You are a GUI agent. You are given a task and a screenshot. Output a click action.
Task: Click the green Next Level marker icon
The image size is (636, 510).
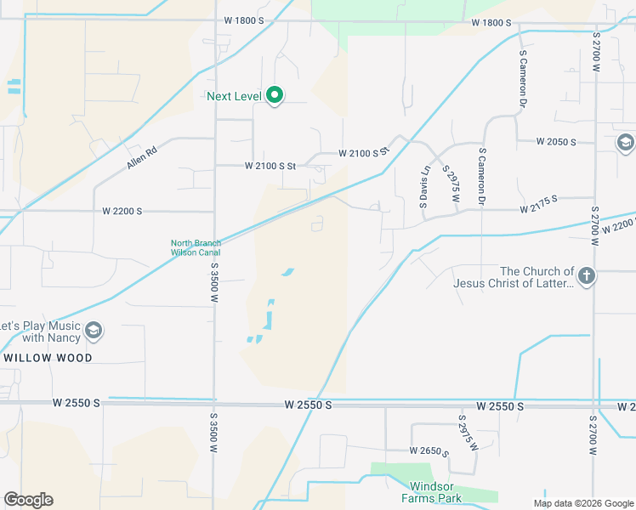point(274,96)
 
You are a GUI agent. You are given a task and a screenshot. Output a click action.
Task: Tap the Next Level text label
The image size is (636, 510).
point(234,96)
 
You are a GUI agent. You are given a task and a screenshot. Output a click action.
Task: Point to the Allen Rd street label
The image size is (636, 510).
point(142,157)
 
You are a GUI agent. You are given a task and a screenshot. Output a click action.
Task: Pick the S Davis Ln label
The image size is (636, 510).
point(426,187)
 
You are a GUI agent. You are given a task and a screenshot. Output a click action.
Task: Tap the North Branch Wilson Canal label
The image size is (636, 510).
point(196,247)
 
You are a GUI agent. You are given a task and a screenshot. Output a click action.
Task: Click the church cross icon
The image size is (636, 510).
point(587,275)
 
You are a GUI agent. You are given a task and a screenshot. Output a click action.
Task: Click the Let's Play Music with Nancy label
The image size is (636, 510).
point(40,331)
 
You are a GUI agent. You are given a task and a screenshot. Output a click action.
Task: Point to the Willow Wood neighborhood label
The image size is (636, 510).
point(48,358)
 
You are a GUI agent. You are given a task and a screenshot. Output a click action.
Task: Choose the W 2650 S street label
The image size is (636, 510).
point(428,450)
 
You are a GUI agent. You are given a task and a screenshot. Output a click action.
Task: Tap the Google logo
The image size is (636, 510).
point(28,500)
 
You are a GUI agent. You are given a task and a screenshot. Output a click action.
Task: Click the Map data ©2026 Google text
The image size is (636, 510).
point(582,502)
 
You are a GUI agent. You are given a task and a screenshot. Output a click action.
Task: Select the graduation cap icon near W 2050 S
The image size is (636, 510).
point(626,142)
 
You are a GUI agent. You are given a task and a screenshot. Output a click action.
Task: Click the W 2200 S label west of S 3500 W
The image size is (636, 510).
point(122,210)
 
